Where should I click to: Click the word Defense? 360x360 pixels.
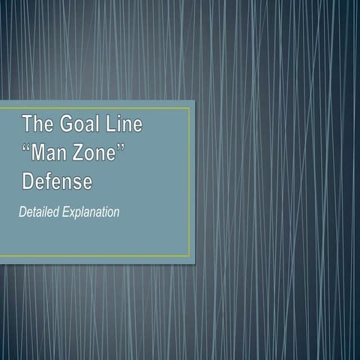57,181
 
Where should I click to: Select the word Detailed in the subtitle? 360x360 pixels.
38,212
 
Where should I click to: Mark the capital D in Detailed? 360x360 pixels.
22,212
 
